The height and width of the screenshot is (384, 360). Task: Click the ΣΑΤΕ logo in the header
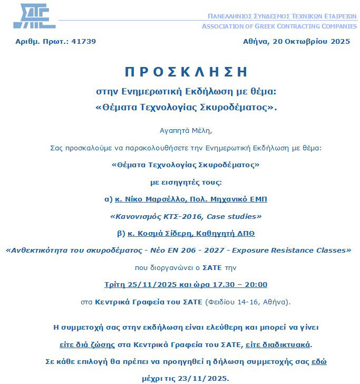click(x=34, y=16)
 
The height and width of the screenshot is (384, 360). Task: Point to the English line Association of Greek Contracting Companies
click(x=279, y=26)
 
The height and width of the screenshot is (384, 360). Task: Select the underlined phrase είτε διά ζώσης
click(x=87, y=344)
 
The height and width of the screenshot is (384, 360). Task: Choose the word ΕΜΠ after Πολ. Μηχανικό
click(x=258, y=199)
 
